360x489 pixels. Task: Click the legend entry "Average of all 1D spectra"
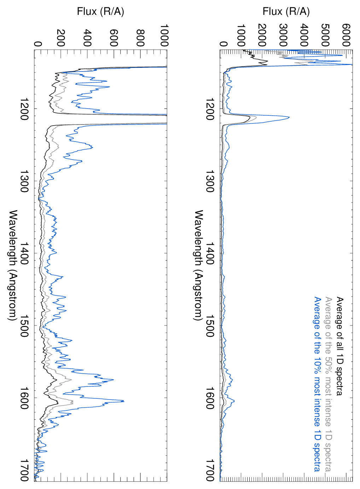click(x=339, y=346)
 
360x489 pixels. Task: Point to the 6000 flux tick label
click(x=346, y=35)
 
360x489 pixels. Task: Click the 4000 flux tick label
click(x=304, y=35)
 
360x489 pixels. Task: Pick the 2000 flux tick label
click(x=262, y=35)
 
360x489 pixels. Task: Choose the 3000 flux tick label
click(x=283, y=35)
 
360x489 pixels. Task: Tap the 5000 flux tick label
click(x=325, y=35)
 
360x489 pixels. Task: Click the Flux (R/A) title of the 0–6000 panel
click(x=286, y=11)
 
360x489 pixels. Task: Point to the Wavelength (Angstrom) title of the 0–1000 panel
click(x=13, y=265)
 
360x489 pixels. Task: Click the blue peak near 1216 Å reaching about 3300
click(x=289, y=117)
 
